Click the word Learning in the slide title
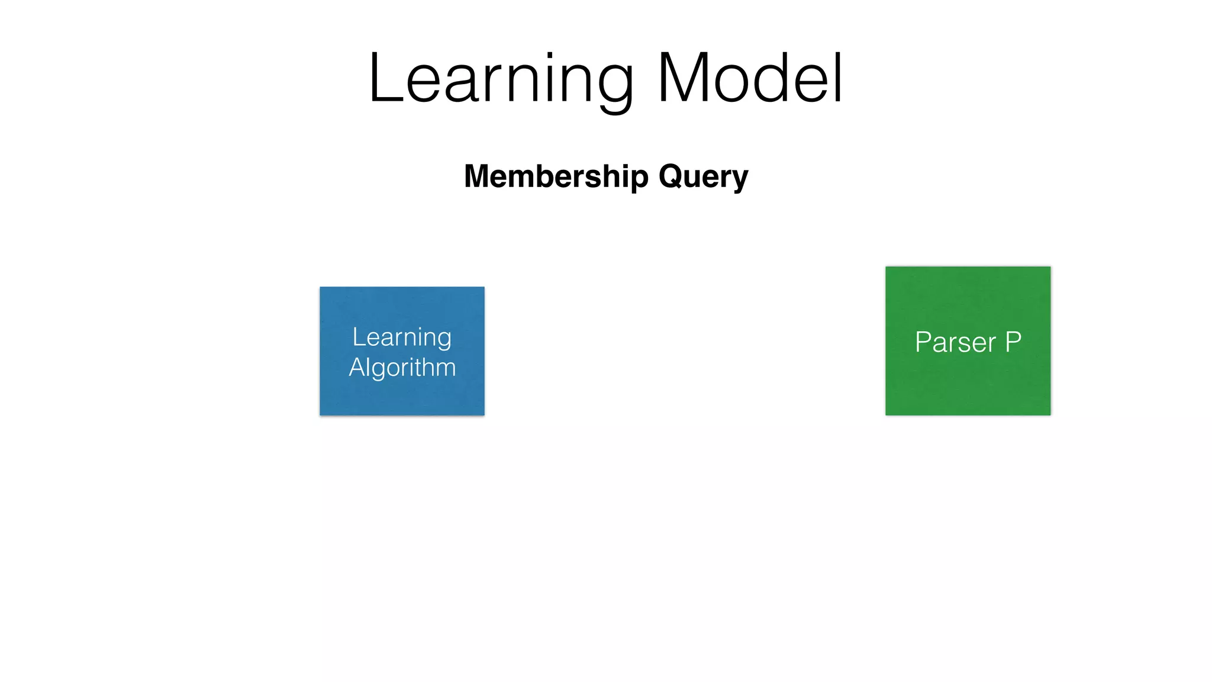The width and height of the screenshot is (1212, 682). point(501,79)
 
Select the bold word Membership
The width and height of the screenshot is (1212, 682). point(556,176)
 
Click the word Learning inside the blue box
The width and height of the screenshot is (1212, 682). point(402,337)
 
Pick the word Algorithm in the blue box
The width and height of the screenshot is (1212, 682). point(402,368)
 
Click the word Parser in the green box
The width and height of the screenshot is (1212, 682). point(955,342)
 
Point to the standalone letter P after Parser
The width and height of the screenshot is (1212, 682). point(1013,342)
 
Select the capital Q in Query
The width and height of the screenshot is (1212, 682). point(672,176)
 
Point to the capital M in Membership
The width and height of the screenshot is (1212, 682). point(478,176)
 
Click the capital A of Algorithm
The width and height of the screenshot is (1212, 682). point(356,367)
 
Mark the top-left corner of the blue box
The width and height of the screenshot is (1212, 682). point(320,287)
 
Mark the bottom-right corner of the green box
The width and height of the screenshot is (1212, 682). point(1050,415)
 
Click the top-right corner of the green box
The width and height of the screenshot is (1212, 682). point(1050,267)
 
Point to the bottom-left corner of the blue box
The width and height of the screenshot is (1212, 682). point(320,415)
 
